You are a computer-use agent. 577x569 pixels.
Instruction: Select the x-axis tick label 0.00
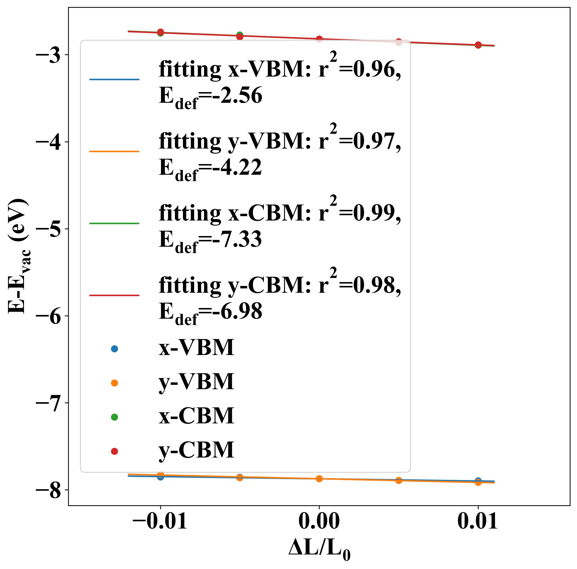(x=319, y=521)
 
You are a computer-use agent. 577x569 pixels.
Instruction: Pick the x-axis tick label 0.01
(x=478, y=521)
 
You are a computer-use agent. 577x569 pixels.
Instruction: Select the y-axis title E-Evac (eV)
(x=18, y=255)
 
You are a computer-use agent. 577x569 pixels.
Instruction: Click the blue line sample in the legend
(x=114, y=79)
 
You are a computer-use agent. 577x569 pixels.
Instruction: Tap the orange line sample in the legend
(x=114, y=151)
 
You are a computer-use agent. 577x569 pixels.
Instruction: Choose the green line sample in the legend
(x=114, y=223)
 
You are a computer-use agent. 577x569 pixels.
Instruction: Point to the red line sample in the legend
(x=114, y=295)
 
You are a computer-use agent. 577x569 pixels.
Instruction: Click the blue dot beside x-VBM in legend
(x=114, y=348)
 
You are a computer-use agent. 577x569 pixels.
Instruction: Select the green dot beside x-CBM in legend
(x=114, y=417)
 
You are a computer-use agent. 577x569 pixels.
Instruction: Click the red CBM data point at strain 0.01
(x=478, y=45)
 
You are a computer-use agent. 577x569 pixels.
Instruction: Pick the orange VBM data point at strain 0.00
(x=319, y=479)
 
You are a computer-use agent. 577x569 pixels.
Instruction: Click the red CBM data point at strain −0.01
(x=160, y=32)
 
